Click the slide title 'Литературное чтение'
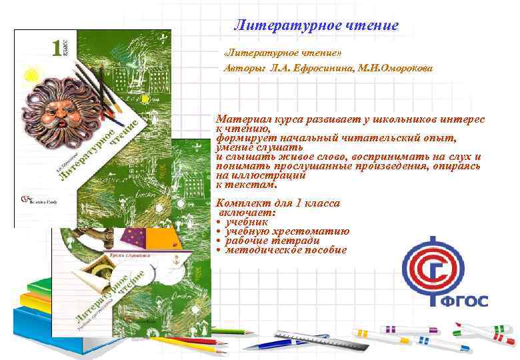point(316,26)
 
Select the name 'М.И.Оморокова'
point(397,69)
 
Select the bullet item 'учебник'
point(247,222)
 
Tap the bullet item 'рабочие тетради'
point(273,241)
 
